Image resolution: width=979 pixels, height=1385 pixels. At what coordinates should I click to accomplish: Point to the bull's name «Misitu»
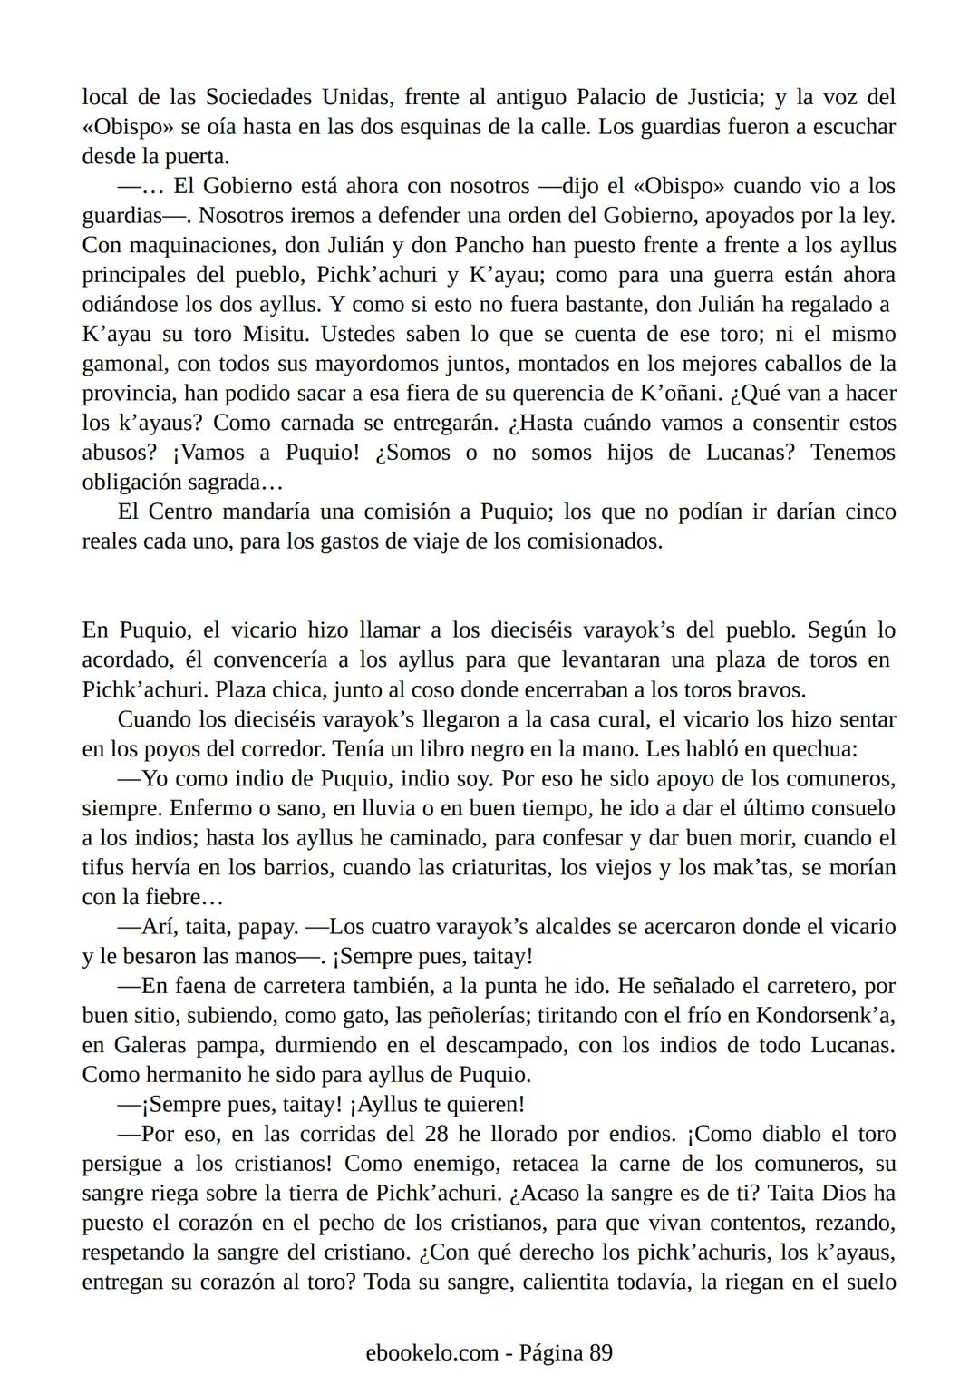tap(276, 335)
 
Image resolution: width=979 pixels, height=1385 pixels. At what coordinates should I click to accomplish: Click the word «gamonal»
tap(119, 365)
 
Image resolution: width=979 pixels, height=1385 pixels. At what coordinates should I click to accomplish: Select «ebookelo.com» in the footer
tap(432, 1353)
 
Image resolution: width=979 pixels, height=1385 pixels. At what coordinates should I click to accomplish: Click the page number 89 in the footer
tap(601, 1353)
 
